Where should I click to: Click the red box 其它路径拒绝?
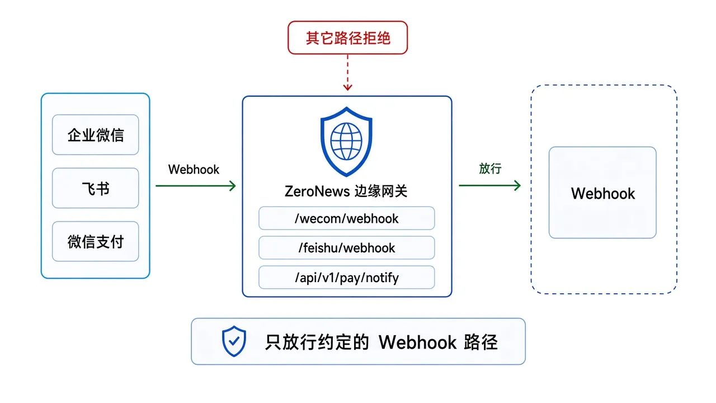coord(347,38)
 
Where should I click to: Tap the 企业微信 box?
coord(95,135)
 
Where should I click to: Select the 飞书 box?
coord(95,188)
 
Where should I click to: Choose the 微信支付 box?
coord(95,241)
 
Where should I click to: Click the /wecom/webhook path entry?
coord(346,218)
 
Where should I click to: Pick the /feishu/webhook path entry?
coord(346,247)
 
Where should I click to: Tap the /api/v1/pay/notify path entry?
coord(346,277)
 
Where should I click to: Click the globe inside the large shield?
coord(346,141)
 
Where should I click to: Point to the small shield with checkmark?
coord(234,341)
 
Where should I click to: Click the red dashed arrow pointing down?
coord(347,72)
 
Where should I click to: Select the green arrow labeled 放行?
coord(489,185)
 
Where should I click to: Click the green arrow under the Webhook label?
coord(196,186)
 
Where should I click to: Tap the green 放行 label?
coord(490,168)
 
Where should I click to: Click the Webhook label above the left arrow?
coord(194,170)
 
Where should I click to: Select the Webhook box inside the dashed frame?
coord(602,193)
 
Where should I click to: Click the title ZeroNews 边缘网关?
coord(346,191)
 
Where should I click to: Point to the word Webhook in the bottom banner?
coord(417,342)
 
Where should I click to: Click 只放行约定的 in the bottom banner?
coord(317,342)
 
